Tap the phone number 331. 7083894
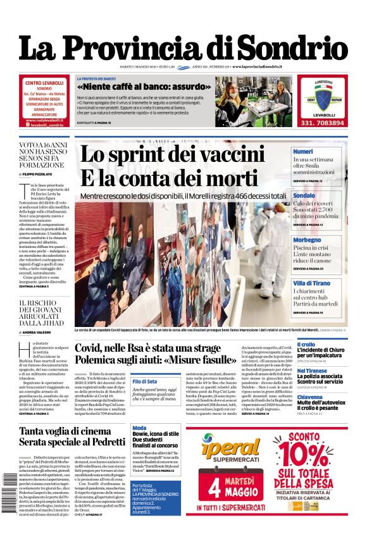[x=322, y=123]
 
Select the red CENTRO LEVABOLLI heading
[x=44, y=83]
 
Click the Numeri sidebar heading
[x=303, y=152]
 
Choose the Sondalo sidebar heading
[x=304, y=196]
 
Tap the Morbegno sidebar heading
[x=307, y=240]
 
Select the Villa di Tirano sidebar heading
[x=311, y=283]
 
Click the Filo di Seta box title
[x=144, y=381]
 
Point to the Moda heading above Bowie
[x=139, y=428]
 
